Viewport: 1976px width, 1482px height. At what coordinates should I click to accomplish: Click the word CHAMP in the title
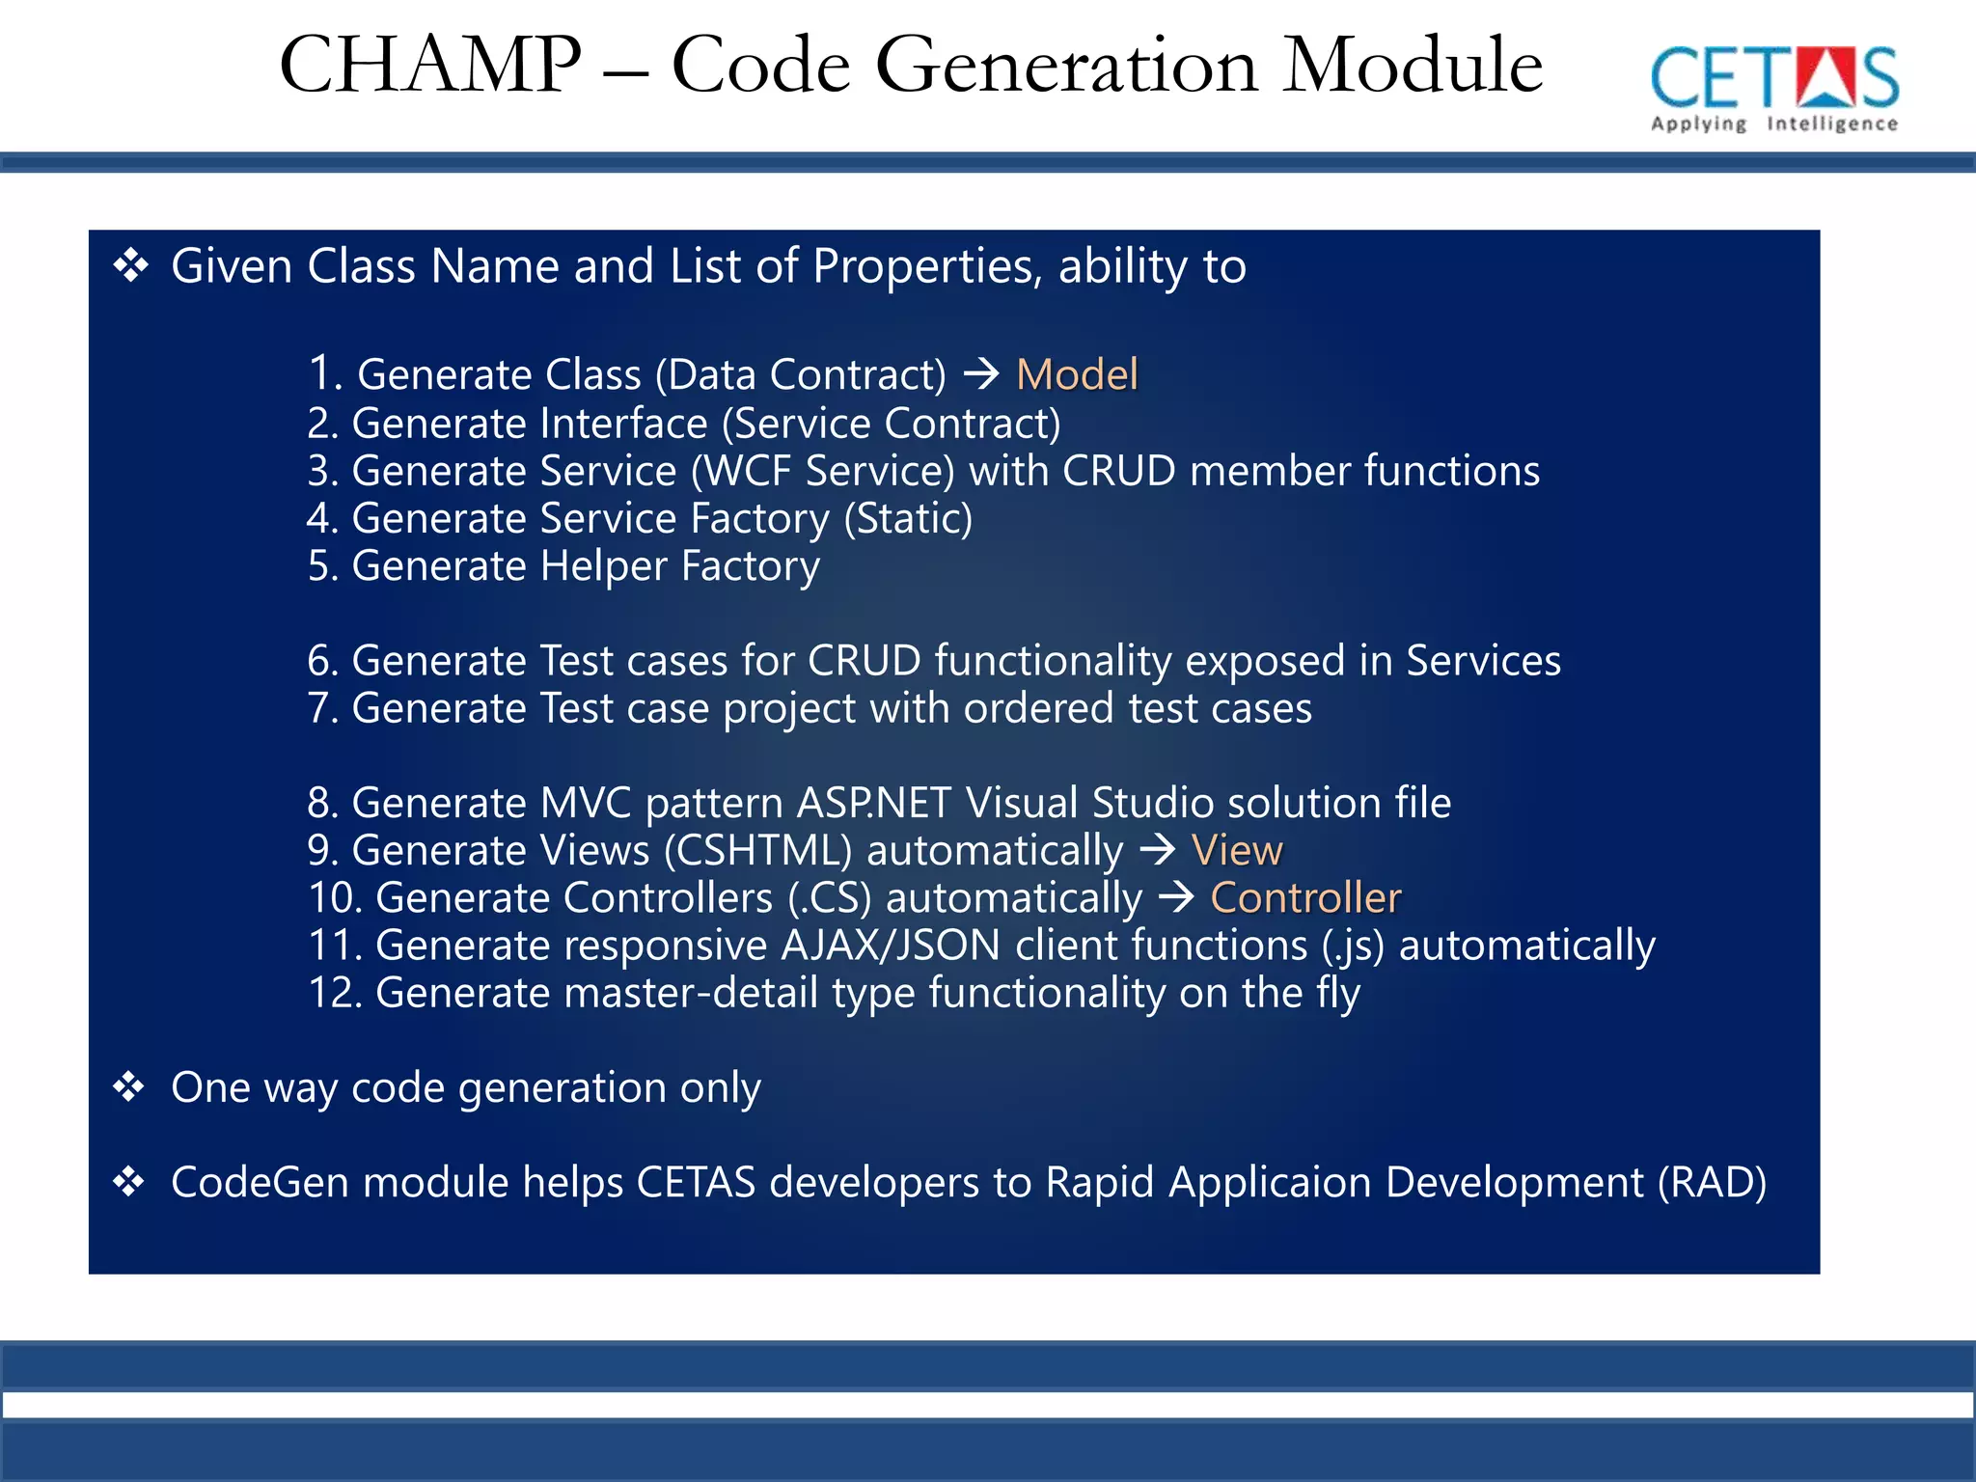point(430,66)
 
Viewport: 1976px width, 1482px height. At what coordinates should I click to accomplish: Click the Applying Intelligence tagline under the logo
point(1773,123)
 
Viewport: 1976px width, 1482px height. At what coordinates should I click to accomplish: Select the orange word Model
point(1077,374)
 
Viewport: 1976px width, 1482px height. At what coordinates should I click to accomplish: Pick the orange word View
point(1237,850)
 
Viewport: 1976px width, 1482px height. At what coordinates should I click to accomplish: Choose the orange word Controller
point(1305,897)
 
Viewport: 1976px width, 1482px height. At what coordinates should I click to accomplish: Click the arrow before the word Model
point(982,373)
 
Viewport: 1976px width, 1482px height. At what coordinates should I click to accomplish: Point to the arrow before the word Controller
point(1176,897)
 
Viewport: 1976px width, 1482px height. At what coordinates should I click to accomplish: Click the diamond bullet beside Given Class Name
point(131,265)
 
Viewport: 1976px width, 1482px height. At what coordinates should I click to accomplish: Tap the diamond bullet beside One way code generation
point(129,1087)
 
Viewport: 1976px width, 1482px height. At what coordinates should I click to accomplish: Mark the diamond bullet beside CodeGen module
point(129,1182)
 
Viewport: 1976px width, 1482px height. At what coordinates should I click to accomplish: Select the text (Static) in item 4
point(908,519)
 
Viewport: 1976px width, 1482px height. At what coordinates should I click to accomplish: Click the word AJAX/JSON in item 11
point(891,946)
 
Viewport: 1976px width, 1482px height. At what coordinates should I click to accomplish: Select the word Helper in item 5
point(603,566)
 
